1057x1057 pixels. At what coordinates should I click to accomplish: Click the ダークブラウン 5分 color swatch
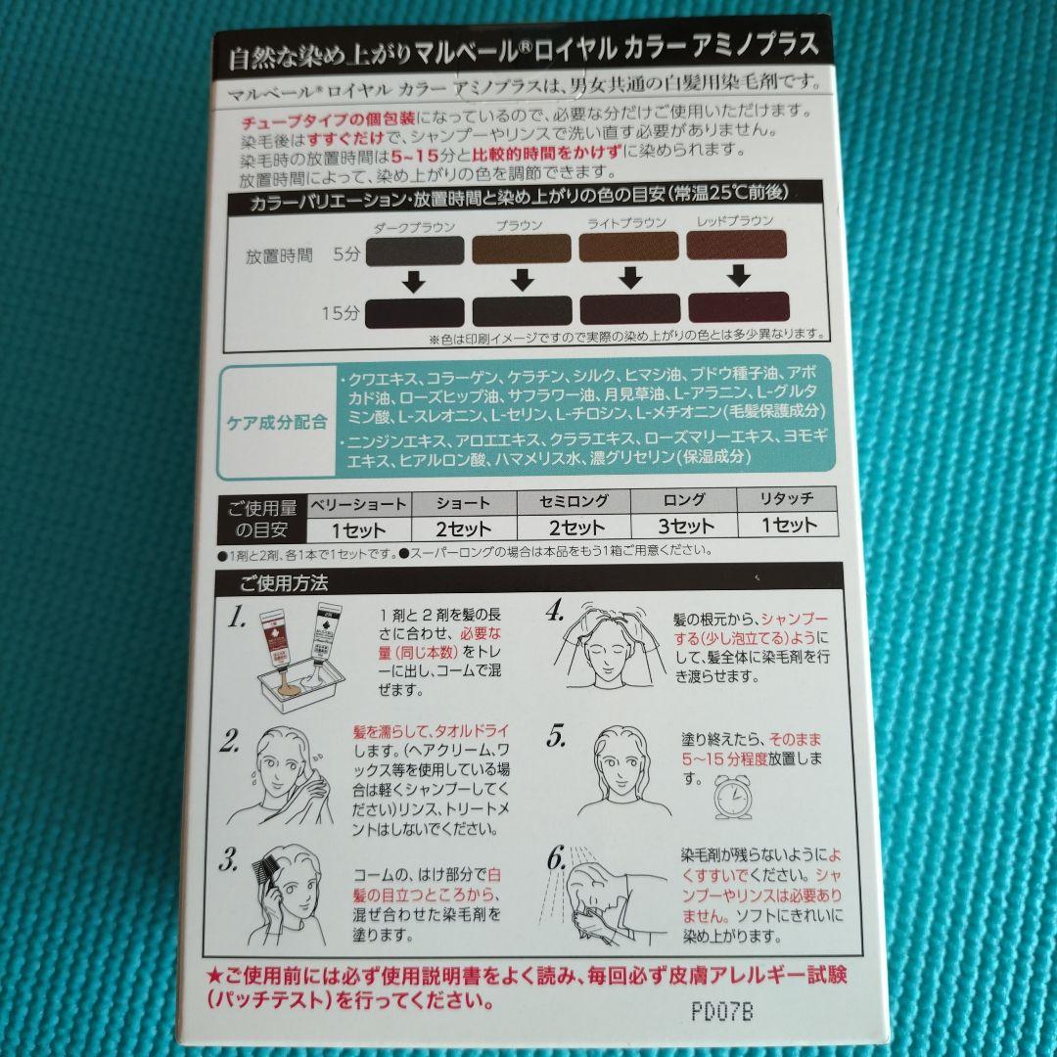(413, 251)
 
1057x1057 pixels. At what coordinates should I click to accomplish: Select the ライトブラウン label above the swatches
(626, 223)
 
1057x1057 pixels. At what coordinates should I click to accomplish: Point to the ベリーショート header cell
(358, 503)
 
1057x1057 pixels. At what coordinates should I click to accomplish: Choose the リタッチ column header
(787, 501)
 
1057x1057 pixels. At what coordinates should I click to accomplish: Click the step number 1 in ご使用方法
(235, 619)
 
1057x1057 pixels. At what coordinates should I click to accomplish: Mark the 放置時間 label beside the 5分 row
(279, 256)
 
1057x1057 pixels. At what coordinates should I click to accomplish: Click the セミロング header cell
(574, 502)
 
